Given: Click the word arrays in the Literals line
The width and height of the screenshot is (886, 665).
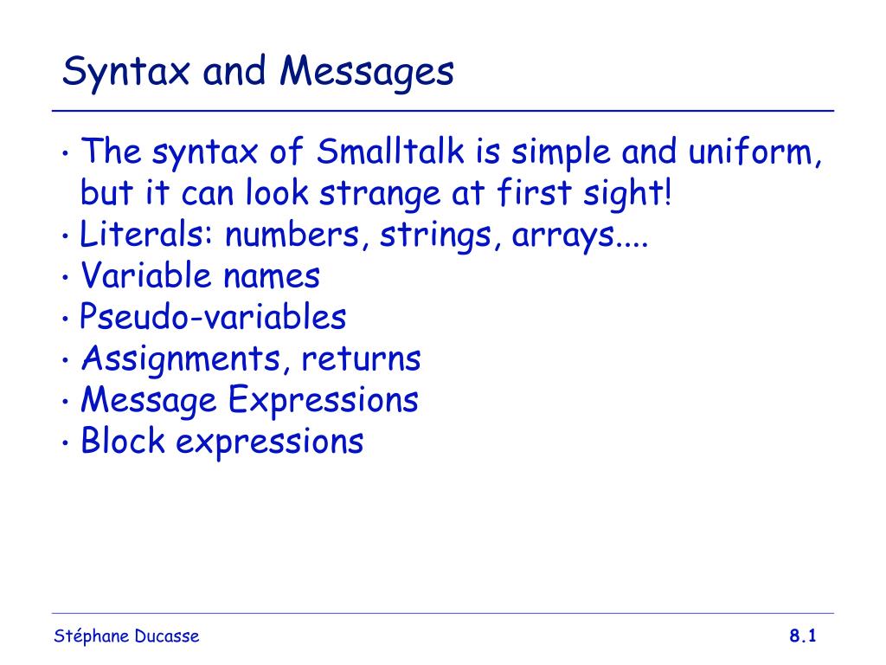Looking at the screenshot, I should (x=563, y=236).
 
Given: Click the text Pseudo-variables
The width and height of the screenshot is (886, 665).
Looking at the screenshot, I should (x=213, y=318).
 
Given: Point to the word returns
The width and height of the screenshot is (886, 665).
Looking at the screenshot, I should (x=361, y=359).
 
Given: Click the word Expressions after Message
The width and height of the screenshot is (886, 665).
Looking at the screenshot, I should (x=324, y=400).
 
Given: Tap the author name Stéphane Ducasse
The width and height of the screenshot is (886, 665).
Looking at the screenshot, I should (x=126, y=637).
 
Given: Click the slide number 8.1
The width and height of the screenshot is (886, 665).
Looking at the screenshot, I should (x=803, y=637).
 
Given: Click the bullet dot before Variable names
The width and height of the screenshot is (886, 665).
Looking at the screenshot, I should (x=67, y=279).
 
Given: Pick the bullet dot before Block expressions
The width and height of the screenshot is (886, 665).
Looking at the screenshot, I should (x=67, y=443).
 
